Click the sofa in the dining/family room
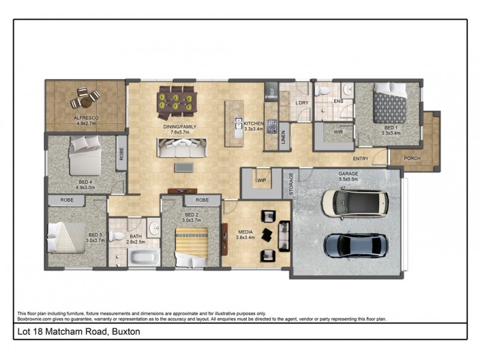coord(181,148)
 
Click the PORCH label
coord(413,158)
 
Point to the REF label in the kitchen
coord(271,93)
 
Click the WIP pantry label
coord(262,179)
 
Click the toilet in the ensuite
coord(323,91)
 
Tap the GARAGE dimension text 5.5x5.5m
coord(347,179)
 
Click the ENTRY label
coord(361,159)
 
